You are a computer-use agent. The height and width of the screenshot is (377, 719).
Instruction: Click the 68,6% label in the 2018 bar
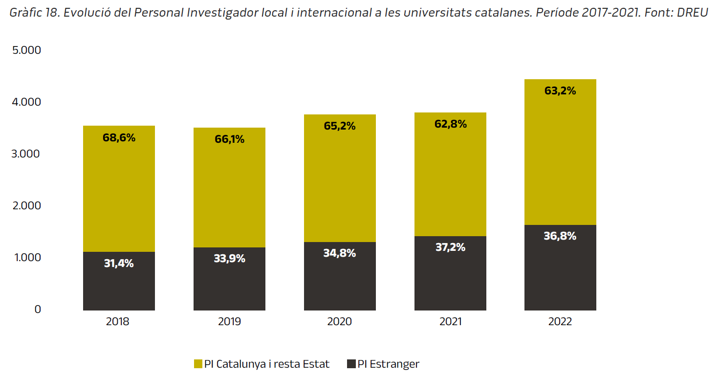pyautogui.click(x=119, y=138)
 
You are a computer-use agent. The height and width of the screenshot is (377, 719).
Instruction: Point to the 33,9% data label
pyautogui.click(x=229, y=259)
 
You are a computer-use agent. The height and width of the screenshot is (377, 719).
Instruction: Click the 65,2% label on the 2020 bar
pyautogui.click(x=340, y=126)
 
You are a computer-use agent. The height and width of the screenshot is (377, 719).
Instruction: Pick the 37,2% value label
pyautogui.click(x=450, y=247)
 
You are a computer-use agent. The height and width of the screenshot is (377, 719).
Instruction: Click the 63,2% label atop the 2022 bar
pyautogui.click(x=560, y=91)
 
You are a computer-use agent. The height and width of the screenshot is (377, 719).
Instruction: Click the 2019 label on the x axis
pyautogui.click(x=229, y=322)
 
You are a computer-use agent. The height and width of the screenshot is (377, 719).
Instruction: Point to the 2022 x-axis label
pyautogui.click(x=560, y=322)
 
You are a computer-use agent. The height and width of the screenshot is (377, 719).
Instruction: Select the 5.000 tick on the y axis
pyautogui.click(x=27, y=50)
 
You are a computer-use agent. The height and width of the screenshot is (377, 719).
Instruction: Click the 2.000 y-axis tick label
pyautogui.click(x=27, y=205)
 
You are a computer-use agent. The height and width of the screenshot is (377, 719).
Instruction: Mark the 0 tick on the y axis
pyautogui.click(x=38, y=309)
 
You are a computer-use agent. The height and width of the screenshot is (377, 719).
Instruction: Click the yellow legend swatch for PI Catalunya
pyautogui.click(x=198, y=364)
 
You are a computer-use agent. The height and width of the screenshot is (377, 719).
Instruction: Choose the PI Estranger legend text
pyautogui.click(x=388, y=364)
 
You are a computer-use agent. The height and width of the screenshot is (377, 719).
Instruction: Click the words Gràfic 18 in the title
pyautogui.click(x=34, y=13)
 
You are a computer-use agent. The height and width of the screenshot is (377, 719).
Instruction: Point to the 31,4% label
pyautogui.click(x=119, y=264)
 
